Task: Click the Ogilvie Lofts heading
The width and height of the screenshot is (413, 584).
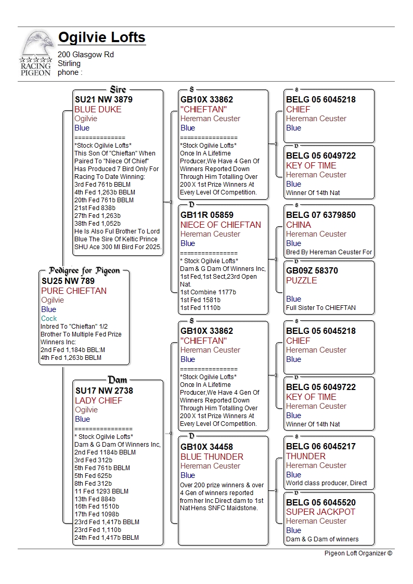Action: pyautogui.click(x=102, y=38)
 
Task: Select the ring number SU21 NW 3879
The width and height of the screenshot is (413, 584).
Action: pyautogui.click(x=104, y=99)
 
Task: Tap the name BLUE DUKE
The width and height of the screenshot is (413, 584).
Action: pyautogui.click(x=98, y=109)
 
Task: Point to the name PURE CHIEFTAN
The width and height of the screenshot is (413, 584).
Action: pyautogui.click(x=73, y=291)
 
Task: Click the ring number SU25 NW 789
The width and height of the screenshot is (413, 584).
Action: pyautogui.click(x=68, y=281)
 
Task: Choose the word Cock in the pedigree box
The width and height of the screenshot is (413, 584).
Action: pyautogui.click(x=49, y=318)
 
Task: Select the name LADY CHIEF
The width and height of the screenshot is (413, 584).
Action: pyautogui.click(x=98, y=400)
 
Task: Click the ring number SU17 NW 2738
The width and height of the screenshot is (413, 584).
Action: pyautogui.click(x=104, y=391)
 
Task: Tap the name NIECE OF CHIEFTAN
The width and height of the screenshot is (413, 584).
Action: pyautogui.click(x=221, y=225)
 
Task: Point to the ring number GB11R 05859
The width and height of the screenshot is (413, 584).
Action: pyautogui.click(x=206, y=215)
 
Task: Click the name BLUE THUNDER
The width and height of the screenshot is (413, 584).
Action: pyautogui.click(x=212, y=457)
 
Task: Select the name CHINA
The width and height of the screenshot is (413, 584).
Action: pyautogui.click(x=299, y=225)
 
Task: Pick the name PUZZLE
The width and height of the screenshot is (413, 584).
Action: pyautogui.click(x=301, y=280)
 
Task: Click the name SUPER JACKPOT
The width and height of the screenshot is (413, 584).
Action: pyautogui.click(x=320, y=512)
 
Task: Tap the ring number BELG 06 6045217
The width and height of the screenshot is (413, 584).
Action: pyautogui.click(x=321, y=446)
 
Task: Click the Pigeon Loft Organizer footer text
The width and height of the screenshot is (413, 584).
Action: pyautogui.click(x=358, y=553)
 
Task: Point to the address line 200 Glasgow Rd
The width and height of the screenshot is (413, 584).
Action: pyautogui.click(x=86, y=55)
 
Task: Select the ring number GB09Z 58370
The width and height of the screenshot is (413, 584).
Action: pyautogui.click(x=312, y=270)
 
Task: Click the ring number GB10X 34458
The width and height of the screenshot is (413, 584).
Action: pyautogui.click(x=206, y=446)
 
